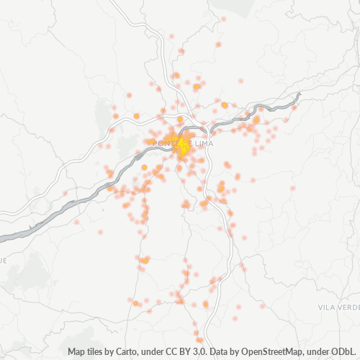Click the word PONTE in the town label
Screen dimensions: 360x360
click(x=163, y=143)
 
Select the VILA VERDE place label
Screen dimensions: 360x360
click(x=338, y=307)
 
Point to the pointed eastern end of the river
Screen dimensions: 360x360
click(x=299, y=94)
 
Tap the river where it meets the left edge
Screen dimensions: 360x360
click(x=2, y=236)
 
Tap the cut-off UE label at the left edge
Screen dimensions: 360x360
click(x=3, y=260)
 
